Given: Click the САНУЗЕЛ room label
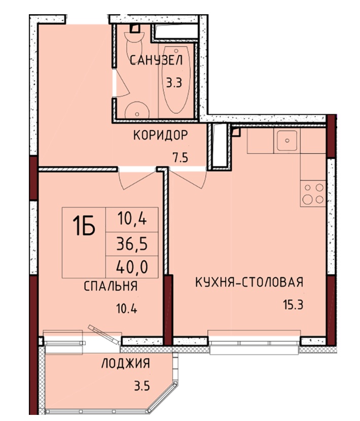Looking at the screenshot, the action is pyautogui.click(x=156, y=60).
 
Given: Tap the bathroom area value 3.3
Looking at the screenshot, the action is pyautogui.click(x=174, y=83).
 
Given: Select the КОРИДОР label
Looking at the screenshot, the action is pyautogui.click(x=161, y=135).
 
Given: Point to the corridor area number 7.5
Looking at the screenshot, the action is pyautogui.click(x=181, y=158).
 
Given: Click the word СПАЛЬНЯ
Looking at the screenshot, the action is pyautogui.click(x=111, y=286).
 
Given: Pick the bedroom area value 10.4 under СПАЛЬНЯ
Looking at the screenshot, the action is pyautogui.click(x=126, y=308).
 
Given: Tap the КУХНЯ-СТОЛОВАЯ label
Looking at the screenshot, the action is pyautogui.click(x=249, y=282).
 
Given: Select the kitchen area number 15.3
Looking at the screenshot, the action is pyautogui.click(x=293, y=305).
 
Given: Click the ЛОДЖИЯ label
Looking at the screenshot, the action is pyautogui.click(x=126, y=363).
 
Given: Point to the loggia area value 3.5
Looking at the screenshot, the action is pyautogui.click(x=142, y=387).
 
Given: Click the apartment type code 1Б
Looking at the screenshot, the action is pyautogui.click(x=84, y=226).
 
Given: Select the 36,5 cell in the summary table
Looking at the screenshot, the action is pyautogui.click(x=132, y=244).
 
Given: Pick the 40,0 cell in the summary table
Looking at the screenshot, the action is pyautogui.click(x=132, y=267).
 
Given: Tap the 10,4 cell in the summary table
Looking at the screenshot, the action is pyautogui.click(x=132, y=220).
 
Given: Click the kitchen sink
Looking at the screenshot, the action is pyautogui.click(x=287, y=141).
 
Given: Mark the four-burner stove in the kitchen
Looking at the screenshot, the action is pyautogui.click(x=313, y=194).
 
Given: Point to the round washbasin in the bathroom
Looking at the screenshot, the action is pyautogui.click(x=137, y=110).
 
